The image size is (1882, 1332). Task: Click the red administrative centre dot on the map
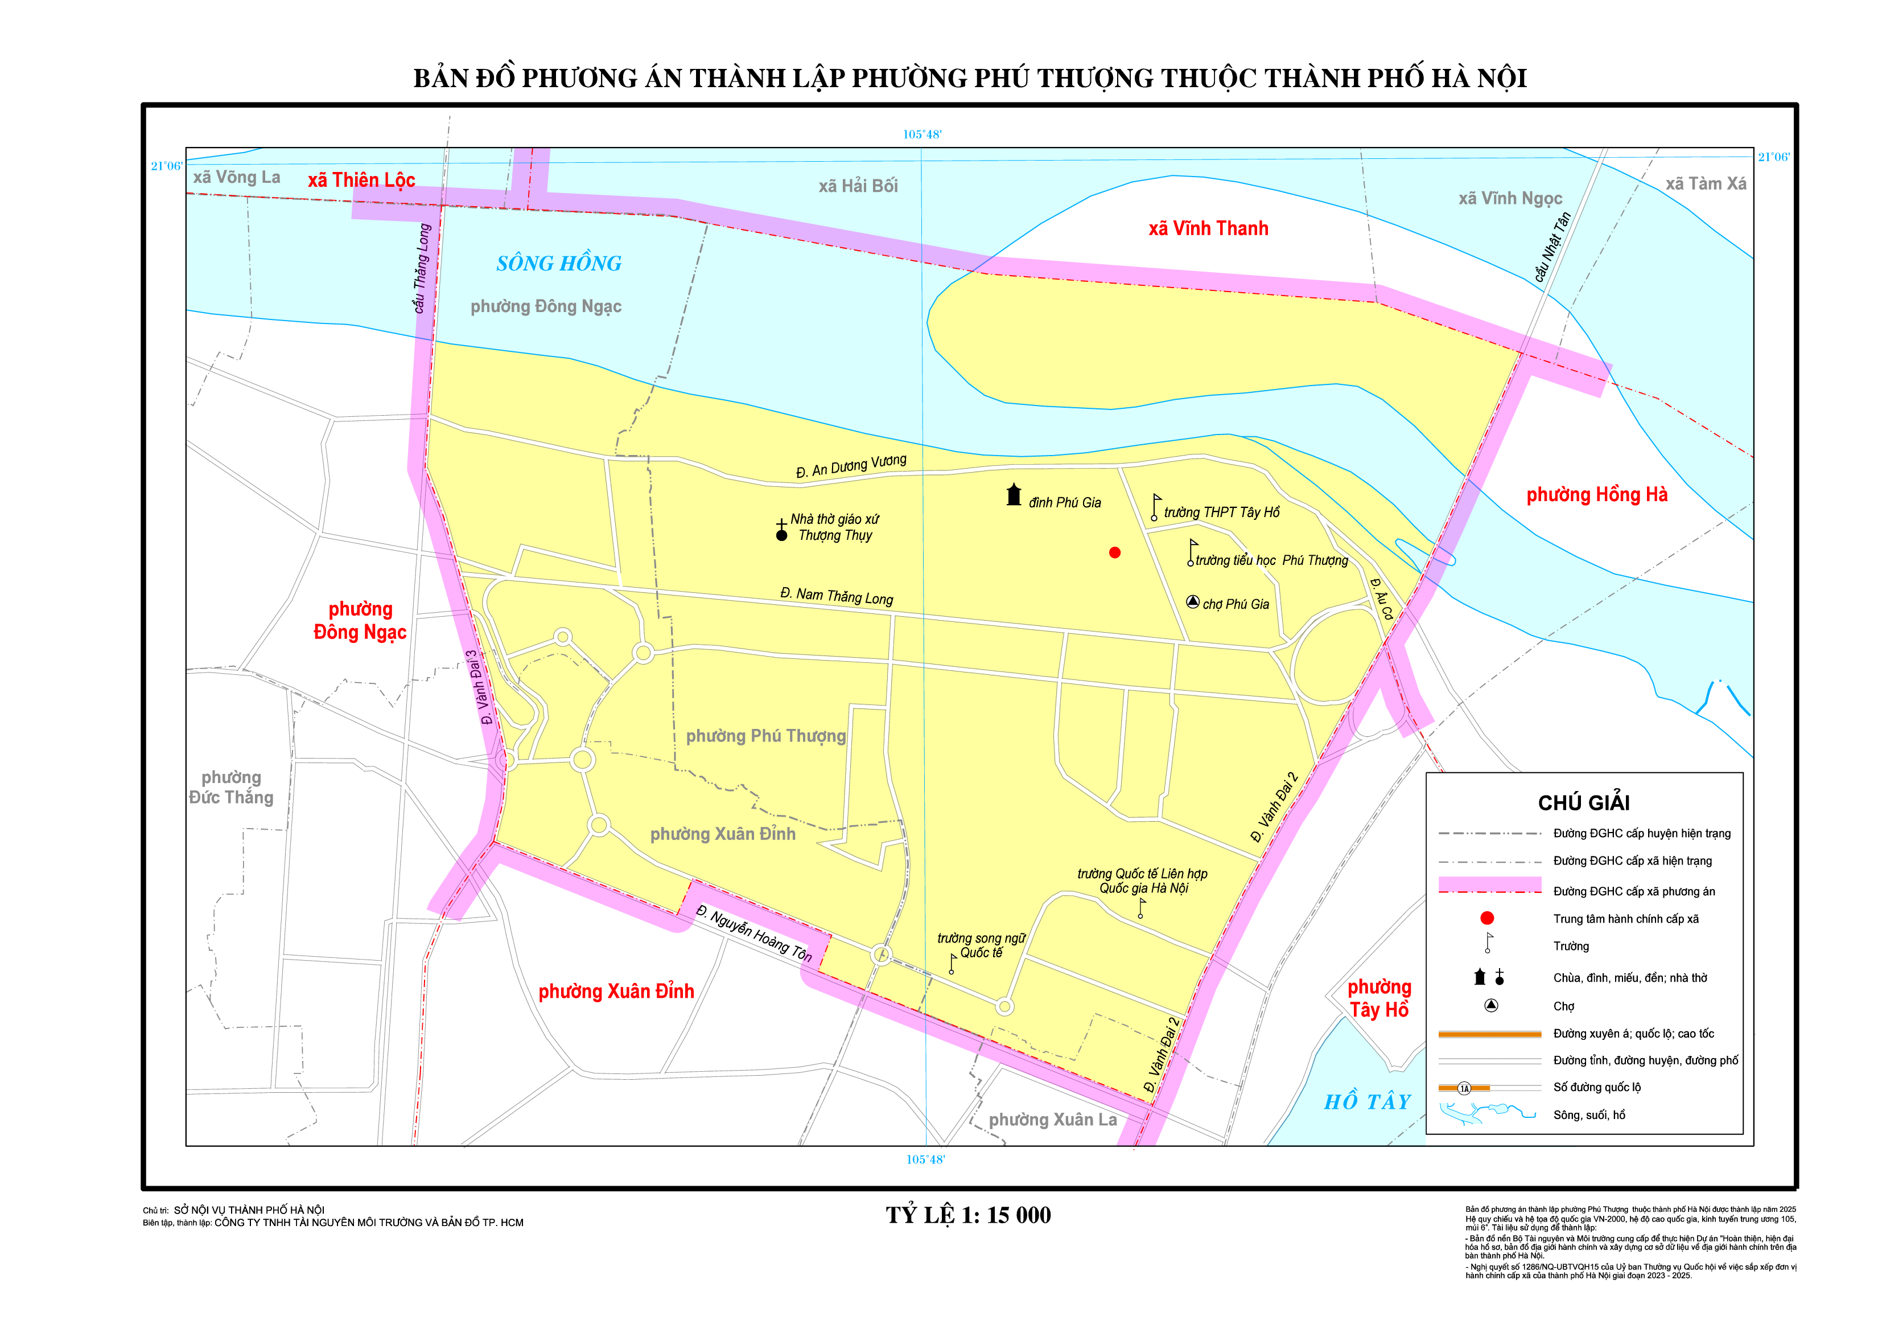click(x=1115, y=553)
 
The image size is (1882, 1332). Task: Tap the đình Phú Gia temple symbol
click(x=1014, y=495)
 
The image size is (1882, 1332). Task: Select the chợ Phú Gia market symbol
click(x=1193, y=602)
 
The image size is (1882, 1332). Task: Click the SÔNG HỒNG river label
click(x=559, y=263)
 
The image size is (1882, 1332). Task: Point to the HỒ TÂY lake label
click(x=1367, y=1101)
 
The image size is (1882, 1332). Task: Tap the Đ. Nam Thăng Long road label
click(x=836, y=596)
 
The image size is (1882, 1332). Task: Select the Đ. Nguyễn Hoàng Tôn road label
click(x=753, y=934)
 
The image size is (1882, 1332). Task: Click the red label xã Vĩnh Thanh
click(x=1208, y=229)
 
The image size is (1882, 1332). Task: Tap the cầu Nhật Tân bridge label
click(x=1552, y=247)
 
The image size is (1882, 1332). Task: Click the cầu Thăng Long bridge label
click(x=421, y=268)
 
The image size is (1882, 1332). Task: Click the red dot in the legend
click(x=1487, y=919)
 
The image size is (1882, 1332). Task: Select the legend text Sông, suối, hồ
click(x=1588, y=1114)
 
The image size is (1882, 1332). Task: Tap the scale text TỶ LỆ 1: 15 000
click(x=968, y=1215)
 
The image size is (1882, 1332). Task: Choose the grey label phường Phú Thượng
click(x=765, y=736)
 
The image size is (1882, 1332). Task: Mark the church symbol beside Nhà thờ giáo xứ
click(x=782, y=531)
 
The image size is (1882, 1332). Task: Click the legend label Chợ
click(x=1563, y=1006)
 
